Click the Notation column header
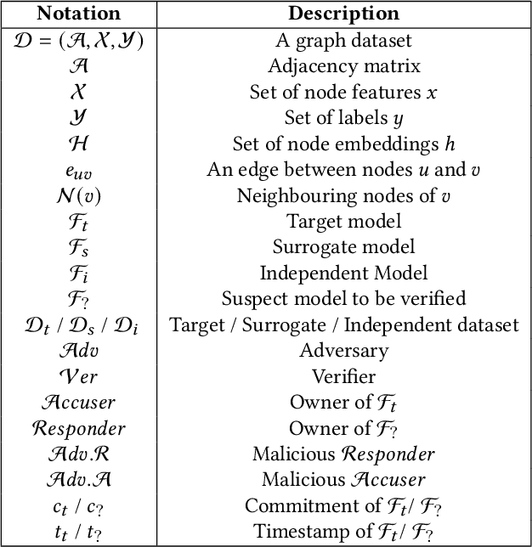(80, 14)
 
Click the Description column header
(343, 14)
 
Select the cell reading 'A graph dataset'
(343, 39)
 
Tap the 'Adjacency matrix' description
(343, 65)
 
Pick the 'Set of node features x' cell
(343, 92)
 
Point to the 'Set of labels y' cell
(343, 117)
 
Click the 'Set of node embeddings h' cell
(343, 144)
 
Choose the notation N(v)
(80, 195)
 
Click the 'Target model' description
(343, 221)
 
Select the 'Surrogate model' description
(343, 247)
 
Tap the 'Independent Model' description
(343, 273)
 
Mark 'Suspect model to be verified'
(343, 298)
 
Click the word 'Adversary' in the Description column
(343, 350)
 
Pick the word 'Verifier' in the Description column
(343, 375)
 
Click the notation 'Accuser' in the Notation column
(80, 402)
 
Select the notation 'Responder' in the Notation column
(80, 428)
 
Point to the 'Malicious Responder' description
(343, 454)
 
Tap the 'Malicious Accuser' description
(343, 480)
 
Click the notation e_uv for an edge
(80, 170)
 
